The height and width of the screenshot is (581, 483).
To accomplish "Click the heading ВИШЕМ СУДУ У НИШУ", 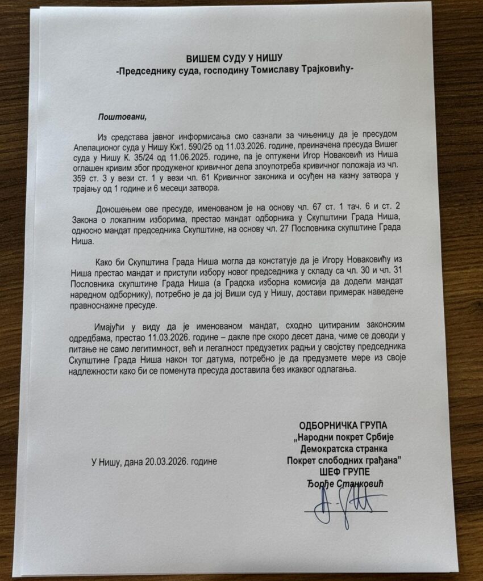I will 234,58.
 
